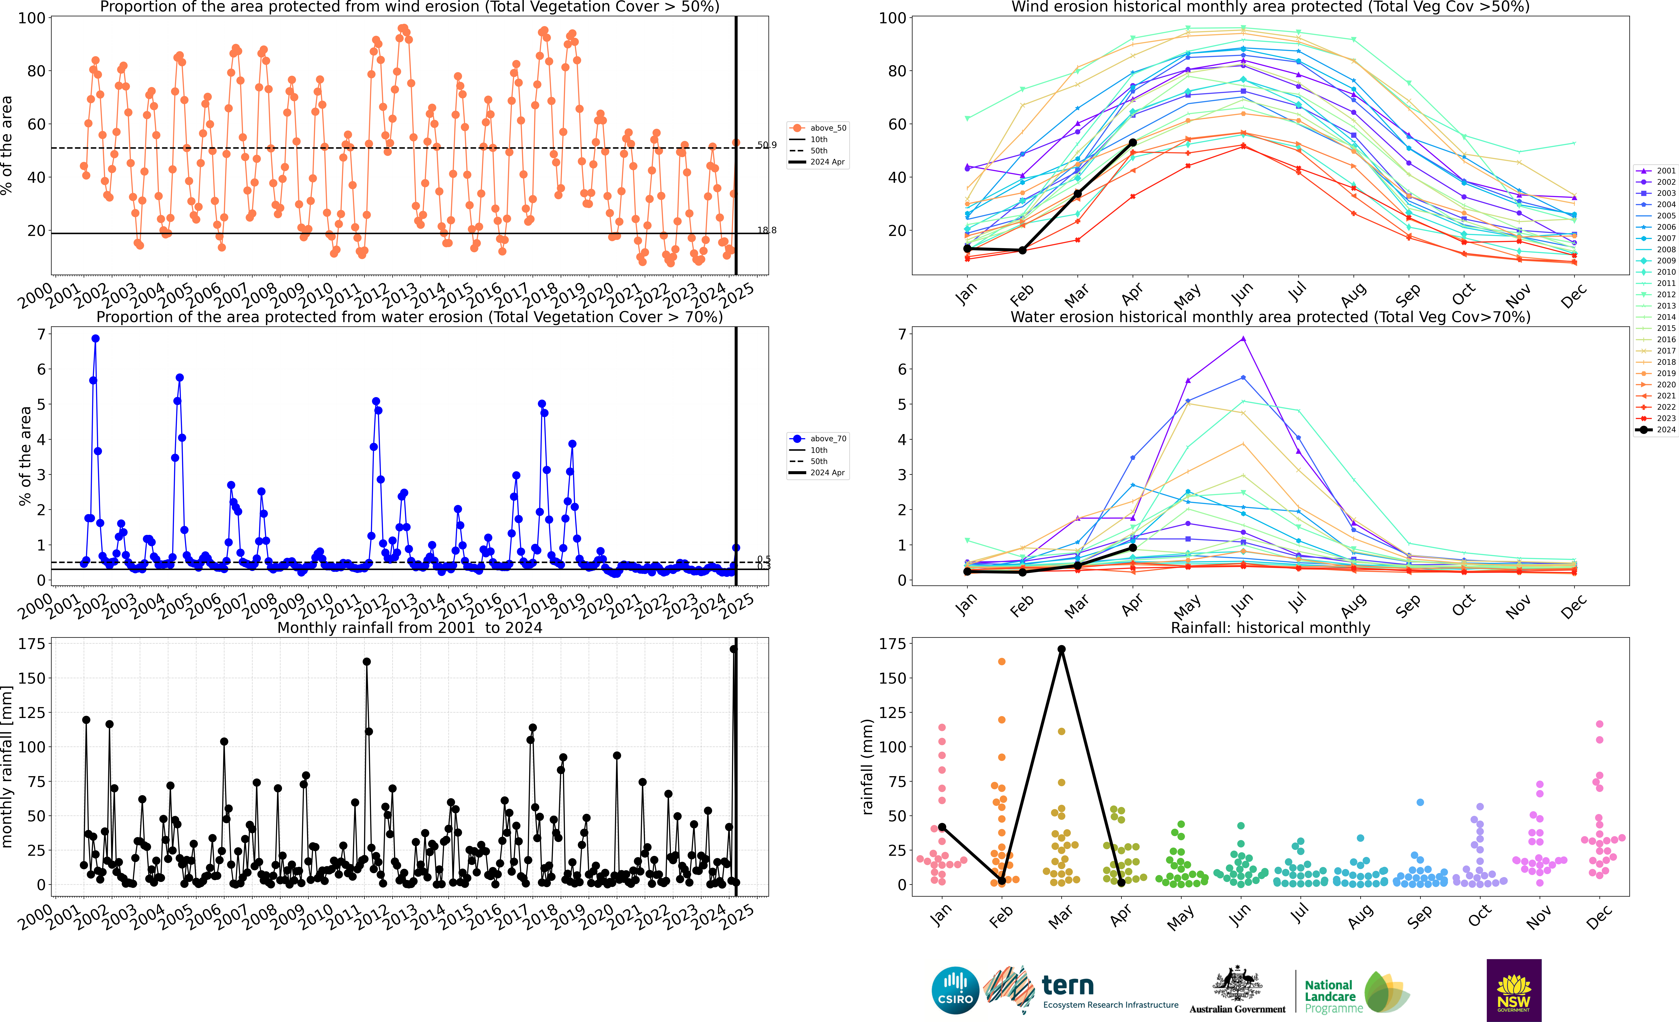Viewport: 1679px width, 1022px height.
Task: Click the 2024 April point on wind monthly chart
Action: pyautogui.click(x=1132, y=142)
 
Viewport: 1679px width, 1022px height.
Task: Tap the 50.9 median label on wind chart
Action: pyautogui.click(x=767, y=145)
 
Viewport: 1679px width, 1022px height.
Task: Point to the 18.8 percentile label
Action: pyautogui.click(x=767, y=230)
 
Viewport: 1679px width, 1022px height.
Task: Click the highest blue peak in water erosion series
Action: pyautogui.click(x=95, y=339)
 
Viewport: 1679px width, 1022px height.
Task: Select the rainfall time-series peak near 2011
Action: pyautogui.click(x=367, y=662)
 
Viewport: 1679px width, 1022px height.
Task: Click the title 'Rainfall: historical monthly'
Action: pyautogui.click(x=1270, y=628)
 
